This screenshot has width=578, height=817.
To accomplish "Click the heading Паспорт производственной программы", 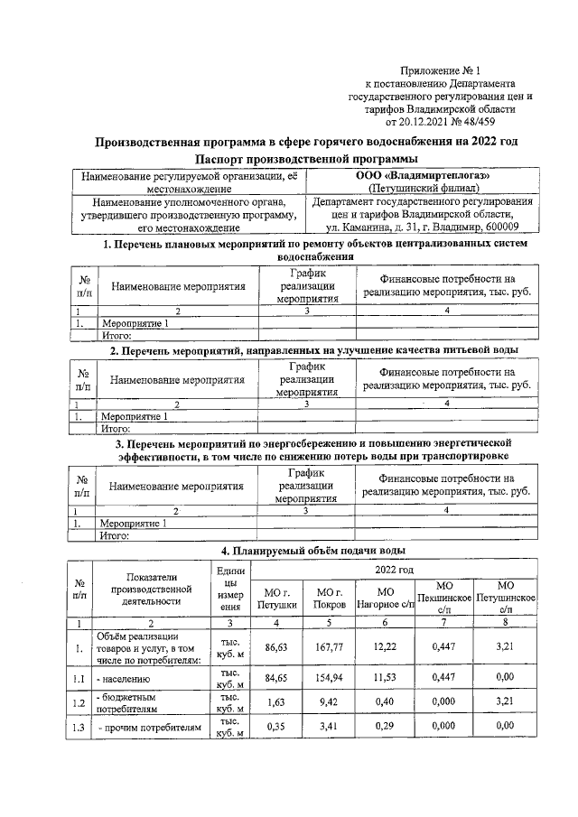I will pyautogui.click(x=306, y=159).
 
